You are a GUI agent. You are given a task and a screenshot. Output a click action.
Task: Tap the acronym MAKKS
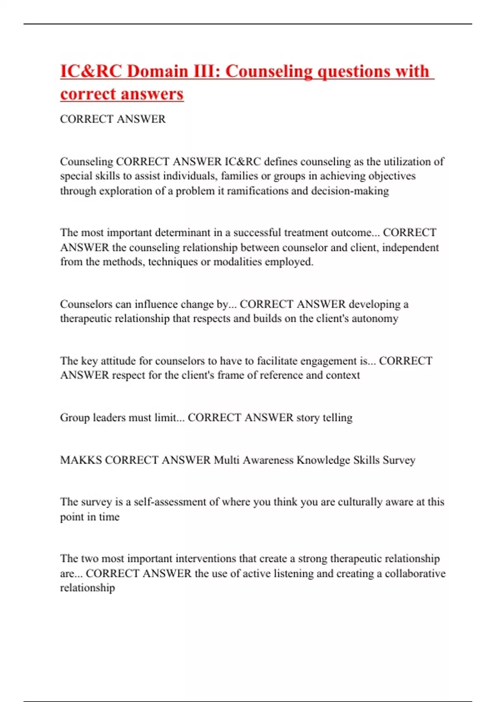click(81, 460)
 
